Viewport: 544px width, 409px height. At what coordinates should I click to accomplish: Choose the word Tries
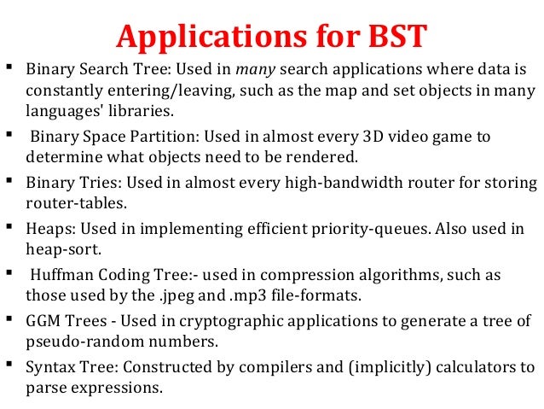pos(95,183)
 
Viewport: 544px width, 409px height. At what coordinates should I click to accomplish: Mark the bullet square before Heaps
pos(9,227)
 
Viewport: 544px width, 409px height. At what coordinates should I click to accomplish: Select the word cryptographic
pos(219,322)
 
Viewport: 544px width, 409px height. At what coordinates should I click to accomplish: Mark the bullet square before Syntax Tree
pos(9,366)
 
